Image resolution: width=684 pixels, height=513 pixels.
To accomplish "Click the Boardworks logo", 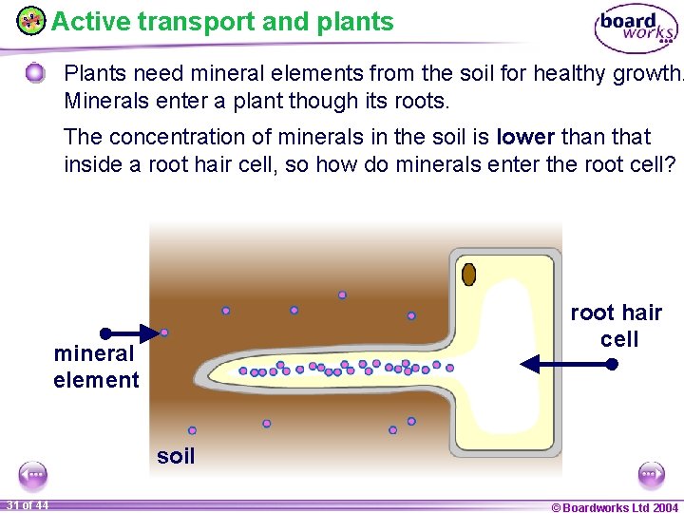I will (636, 28).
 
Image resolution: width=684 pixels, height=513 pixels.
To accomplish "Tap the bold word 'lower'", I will (525, 137).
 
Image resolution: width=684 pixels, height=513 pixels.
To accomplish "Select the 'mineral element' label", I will (95, 367).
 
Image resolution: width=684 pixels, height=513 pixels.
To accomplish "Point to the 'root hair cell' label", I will (617, 326).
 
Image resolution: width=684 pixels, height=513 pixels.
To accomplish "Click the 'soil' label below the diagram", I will (176, 456).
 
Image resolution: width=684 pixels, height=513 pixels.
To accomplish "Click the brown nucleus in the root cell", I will (468, 275).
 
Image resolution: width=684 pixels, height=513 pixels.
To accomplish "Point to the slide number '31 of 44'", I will (27, 504).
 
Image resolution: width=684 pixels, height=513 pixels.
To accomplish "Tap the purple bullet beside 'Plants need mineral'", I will (35, 73).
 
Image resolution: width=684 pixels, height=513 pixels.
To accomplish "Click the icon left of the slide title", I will (30, 20).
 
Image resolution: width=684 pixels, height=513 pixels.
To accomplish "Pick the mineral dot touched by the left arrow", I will (164, 332).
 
